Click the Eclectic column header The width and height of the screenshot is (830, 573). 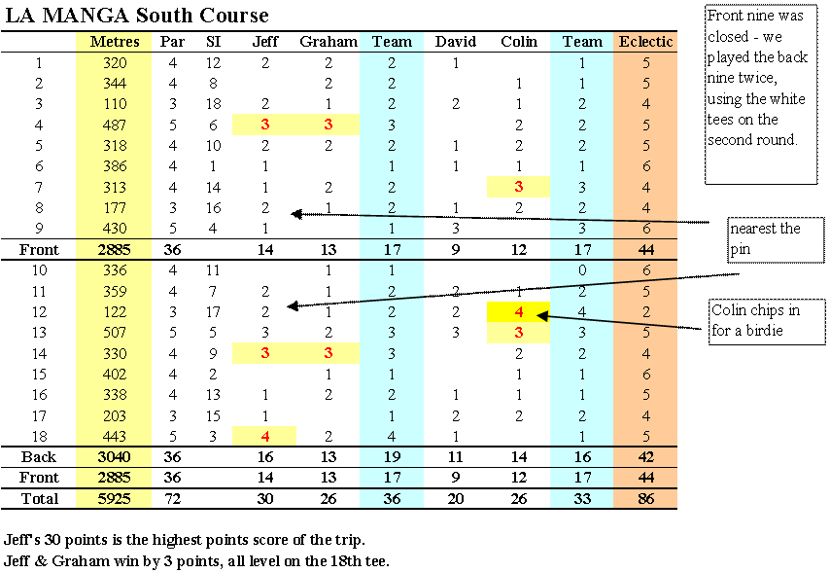pos(645,41)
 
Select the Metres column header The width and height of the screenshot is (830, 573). pos(115,41)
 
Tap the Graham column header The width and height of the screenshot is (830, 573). pos(329,41)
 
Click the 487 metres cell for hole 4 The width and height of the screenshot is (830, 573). pos(115,125)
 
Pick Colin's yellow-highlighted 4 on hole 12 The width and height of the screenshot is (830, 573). pos(519,312)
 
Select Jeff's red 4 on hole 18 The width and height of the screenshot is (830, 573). pos(265,436)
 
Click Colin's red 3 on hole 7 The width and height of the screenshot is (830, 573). pos(519,187)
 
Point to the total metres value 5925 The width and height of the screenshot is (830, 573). pos(115,498)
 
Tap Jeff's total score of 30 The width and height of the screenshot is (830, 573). pos(265,498)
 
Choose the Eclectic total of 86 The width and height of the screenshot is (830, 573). pos(645,498)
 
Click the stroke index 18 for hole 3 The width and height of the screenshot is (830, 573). pos(213,104)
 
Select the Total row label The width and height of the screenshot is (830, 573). pos(40,498)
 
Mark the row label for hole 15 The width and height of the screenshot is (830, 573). pos(40,375)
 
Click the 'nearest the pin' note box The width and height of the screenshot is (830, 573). pos(776,239)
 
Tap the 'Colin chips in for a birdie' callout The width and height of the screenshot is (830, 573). pos(767,322)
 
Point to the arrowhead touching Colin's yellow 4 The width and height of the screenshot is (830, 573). pos(540,316)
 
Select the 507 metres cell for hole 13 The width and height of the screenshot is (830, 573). pos(115,333)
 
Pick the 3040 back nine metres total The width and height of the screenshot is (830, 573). pos(115,457)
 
